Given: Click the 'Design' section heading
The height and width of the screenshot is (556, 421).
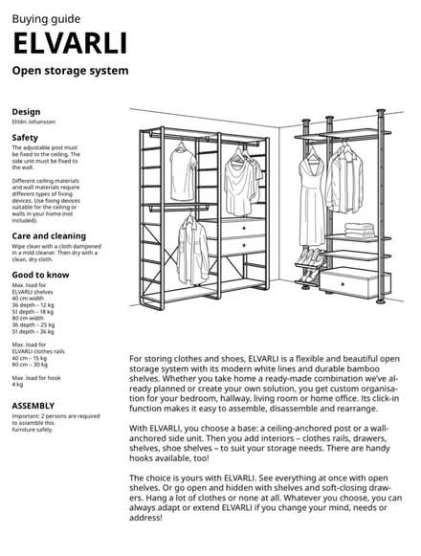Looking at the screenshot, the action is [26, 110].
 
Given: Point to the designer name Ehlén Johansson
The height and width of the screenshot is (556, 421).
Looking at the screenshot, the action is [33, 122].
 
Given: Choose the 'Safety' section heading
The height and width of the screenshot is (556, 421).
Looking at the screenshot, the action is [25, 138].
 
